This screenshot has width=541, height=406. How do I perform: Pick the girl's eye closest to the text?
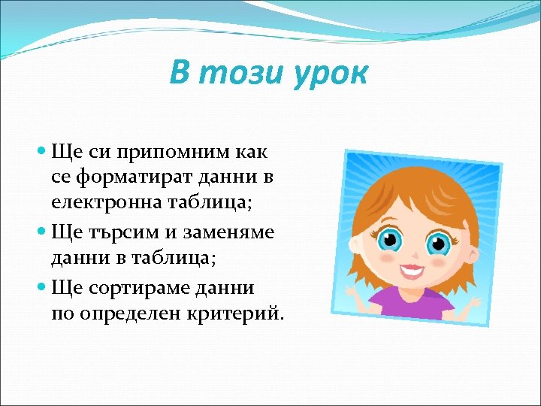tap(389, 241)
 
